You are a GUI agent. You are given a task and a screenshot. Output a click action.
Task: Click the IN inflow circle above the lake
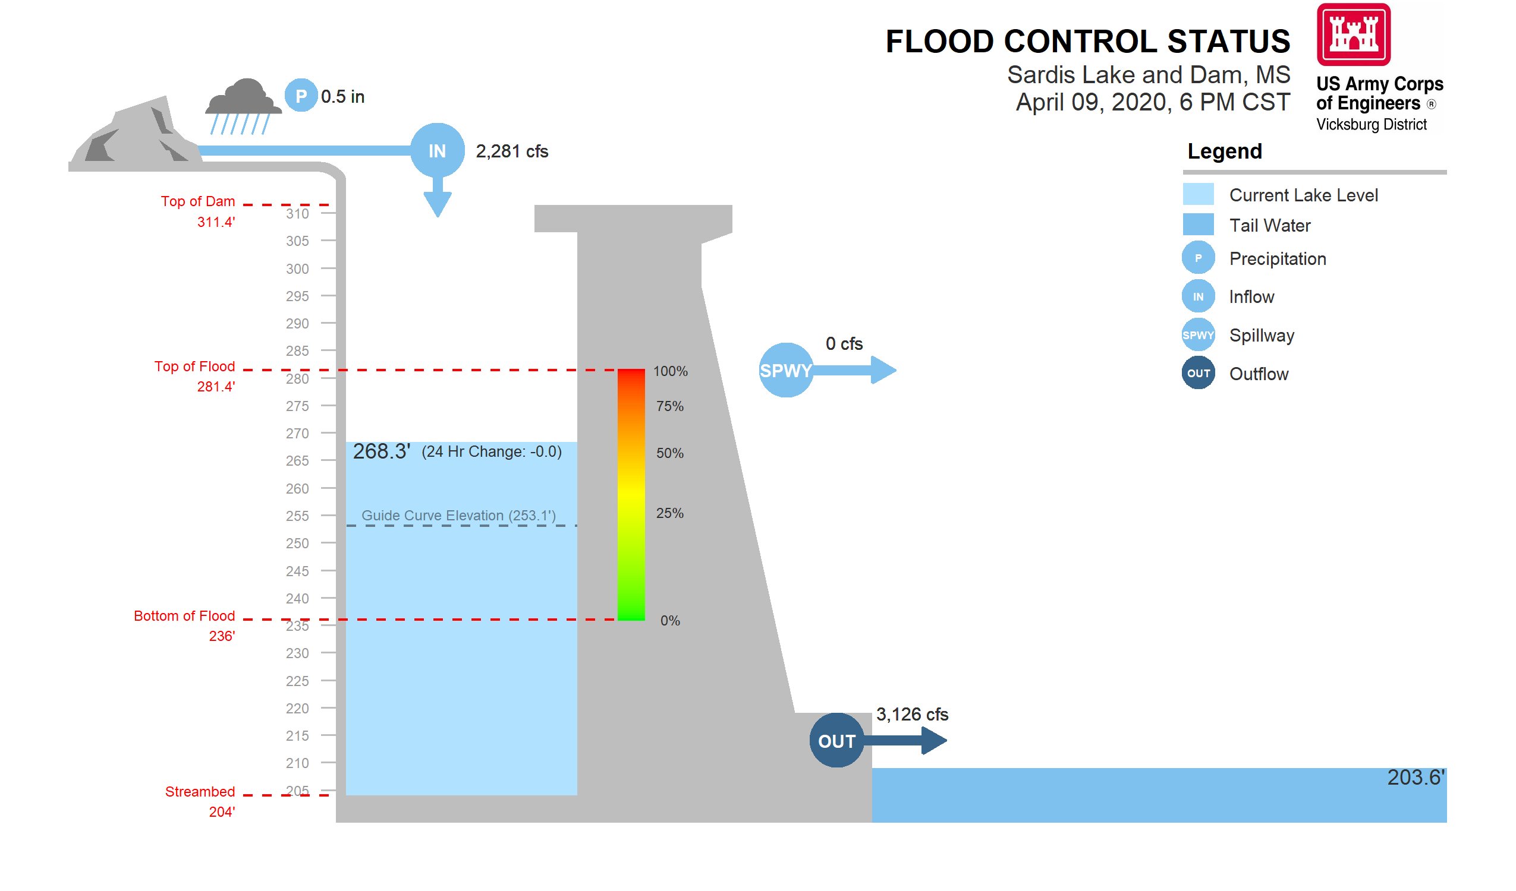(x=438, y=150)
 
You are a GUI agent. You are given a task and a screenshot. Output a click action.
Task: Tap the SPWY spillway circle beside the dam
(x=786, y=370)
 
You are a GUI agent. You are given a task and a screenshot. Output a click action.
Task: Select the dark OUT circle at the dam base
(x=837, y=741)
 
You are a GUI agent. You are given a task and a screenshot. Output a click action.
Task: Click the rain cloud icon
(x=244, y=105)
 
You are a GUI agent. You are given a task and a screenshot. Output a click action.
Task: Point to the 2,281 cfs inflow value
(x=512, y=151)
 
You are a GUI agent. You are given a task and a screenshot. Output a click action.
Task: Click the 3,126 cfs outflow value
(x=912, y=714)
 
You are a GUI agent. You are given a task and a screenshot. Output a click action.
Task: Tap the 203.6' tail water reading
(x=1415, y=778)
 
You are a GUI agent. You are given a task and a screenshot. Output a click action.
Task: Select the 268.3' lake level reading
(x=382, y=451)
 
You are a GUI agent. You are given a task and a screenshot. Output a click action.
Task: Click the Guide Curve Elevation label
(x=458, y=515)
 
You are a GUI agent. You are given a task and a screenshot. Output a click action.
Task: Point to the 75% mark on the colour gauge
(x=669, y=406)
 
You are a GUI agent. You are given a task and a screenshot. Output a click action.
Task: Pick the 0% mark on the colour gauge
(x=669, y=621)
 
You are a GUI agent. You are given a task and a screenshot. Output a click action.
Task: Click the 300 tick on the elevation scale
(x=297, y=268)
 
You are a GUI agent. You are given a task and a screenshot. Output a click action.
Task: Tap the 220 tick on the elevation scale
(x=297, y=708)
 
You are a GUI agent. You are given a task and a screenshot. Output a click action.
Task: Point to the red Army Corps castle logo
(x=1353, y=34)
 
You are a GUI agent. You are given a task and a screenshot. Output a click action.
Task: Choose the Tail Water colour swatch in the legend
(x=1198, y=225)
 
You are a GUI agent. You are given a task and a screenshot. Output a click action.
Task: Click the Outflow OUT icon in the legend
(x=1198, y=374)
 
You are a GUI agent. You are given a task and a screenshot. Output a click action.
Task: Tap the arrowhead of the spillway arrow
(x=883, y=370)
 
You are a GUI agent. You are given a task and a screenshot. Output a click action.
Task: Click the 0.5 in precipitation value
(x=342, y=97)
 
